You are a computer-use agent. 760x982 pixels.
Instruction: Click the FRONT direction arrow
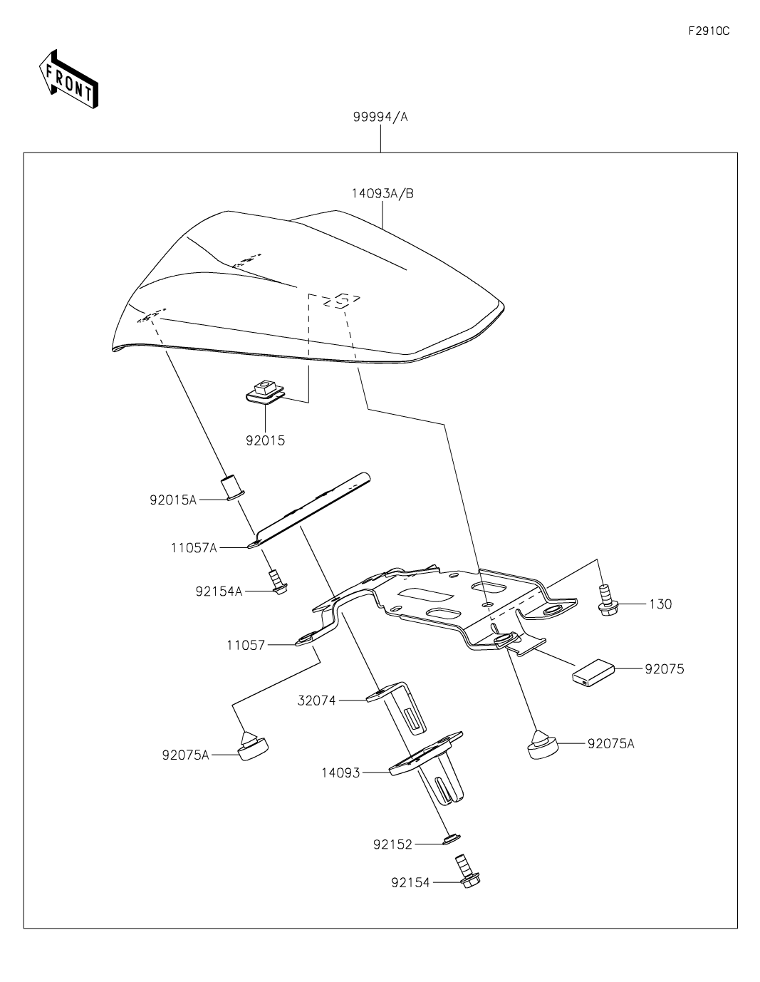point(68,80)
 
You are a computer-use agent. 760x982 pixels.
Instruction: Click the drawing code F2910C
point(709,31)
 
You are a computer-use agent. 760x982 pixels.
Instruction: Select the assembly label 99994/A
point(380,117)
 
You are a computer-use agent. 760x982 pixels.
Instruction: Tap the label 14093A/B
point(382,193)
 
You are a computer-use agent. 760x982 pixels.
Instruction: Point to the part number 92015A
point(173,500)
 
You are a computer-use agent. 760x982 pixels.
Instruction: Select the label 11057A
point(194,547)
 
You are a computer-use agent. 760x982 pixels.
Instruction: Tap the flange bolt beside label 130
point(607,600)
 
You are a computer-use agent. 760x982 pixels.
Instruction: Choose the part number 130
point(660,604)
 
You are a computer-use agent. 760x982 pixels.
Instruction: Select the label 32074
point(316,701)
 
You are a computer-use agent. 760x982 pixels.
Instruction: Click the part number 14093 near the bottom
point(340,772)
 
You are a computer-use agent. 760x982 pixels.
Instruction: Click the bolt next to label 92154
point(467,872)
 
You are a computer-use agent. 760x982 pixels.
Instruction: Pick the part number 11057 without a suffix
point(246,645)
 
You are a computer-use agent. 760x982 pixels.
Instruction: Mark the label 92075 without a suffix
point(665,669)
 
